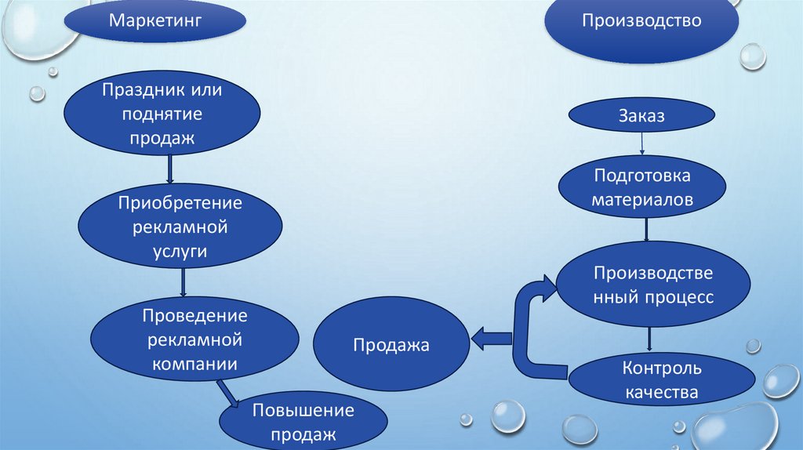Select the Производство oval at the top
tap(641, 24)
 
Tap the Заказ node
tap(642, 117)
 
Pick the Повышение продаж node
tap(303, 422)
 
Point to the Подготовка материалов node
tap(642, 187)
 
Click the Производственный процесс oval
tap(652, 285)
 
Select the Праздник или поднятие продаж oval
tap(172, 114)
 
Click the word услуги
tap(180, 251)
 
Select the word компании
tap(194, 364)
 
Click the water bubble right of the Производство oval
tap(753, 56)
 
